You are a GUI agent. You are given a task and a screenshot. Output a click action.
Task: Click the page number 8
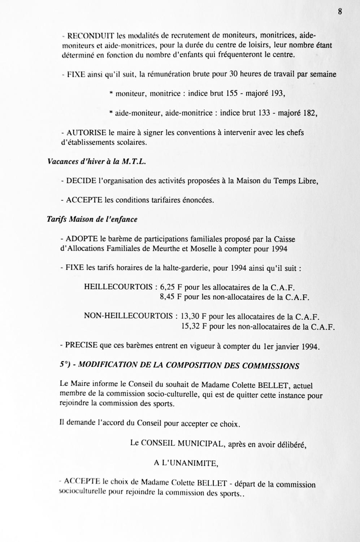tap(340, 11)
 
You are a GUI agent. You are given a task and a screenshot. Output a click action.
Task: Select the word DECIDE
tap(81, 181)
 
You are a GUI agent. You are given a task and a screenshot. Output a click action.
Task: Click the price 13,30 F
tap(194, 317)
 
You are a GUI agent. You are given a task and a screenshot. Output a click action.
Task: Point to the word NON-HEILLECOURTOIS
tap(128, 316)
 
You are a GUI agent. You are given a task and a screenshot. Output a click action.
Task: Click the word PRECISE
tap(82, 345)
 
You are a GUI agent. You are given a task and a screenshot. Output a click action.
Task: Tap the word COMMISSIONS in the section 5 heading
tap(270, 365)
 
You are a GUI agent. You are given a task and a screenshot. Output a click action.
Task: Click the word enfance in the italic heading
tap(125, 219)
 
